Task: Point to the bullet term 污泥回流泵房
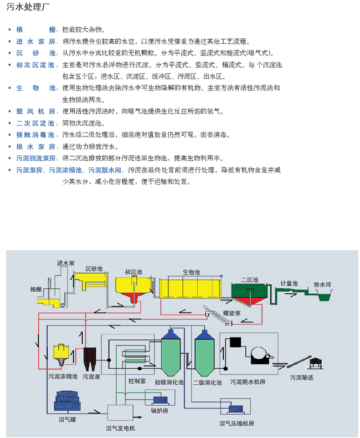click(36, 159)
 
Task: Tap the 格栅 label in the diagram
click(36, 289)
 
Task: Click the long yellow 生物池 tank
click(190, 289)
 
